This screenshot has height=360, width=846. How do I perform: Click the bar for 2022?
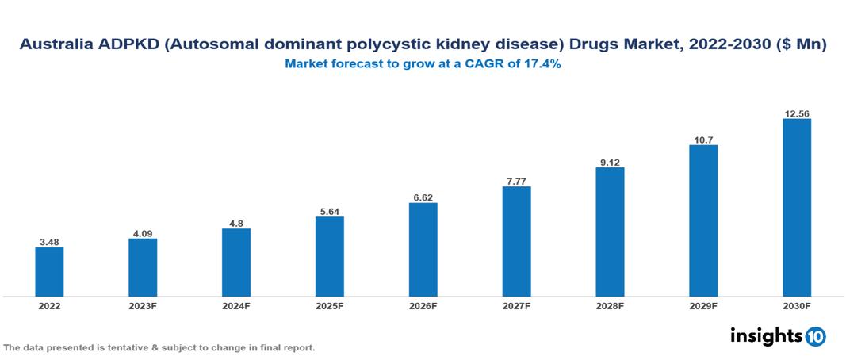click(x=49, y=271)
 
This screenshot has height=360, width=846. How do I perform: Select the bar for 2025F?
click(x=329, y=256)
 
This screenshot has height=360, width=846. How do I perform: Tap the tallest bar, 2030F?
click(x=796, y=208)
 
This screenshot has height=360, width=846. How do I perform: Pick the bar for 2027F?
click(x=516, y=241)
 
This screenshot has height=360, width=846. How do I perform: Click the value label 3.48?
click(x=49, y=241)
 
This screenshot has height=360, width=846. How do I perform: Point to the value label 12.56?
click(x=796, y=113)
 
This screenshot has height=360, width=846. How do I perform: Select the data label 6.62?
click(x=423, y=197)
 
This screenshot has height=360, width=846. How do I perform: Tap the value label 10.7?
click(x=703, y=139)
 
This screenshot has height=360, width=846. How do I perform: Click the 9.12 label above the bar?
click(x=610, y=162)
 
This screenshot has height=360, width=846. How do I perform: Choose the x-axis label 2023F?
click(x=143, y=306)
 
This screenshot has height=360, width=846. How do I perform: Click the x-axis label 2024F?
click(x=236, y=306)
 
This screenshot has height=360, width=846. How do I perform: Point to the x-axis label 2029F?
click(x=703, y=306)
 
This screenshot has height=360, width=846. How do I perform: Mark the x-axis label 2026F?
click(x=423, y=306)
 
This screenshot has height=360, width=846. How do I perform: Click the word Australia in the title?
click(x=54, y=46)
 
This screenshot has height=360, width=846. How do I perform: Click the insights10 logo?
click(x=777, y=336)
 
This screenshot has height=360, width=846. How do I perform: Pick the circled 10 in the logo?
click(x=815, y=337)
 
